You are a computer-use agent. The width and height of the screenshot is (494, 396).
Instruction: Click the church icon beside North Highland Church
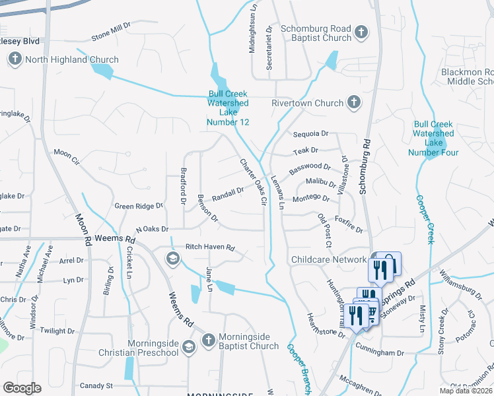[x=15, y=60]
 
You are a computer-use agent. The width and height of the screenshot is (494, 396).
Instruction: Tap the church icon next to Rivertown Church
[x=354, y=102]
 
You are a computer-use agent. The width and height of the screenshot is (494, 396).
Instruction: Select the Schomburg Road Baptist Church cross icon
[x=361, y=32]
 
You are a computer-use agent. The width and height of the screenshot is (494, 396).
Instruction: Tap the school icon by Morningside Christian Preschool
[x=188, y=346]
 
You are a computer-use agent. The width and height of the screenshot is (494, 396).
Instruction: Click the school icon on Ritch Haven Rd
[x=172, y=258]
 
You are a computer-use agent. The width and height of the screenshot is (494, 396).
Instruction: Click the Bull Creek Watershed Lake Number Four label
[x=433, y=138]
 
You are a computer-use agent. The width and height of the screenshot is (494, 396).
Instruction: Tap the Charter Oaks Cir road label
[x=254, y=181]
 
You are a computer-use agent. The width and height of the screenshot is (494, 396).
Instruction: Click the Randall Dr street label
[x=228, y=193]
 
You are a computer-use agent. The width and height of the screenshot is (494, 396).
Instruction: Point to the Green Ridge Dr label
[x=138, y=206]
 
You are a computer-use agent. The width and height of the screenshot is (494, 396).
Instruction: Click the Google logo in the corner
[x=22, y=388]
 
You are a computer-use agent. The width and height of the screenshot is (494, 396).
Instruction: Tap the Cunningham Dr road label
[x=380, y=353]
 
